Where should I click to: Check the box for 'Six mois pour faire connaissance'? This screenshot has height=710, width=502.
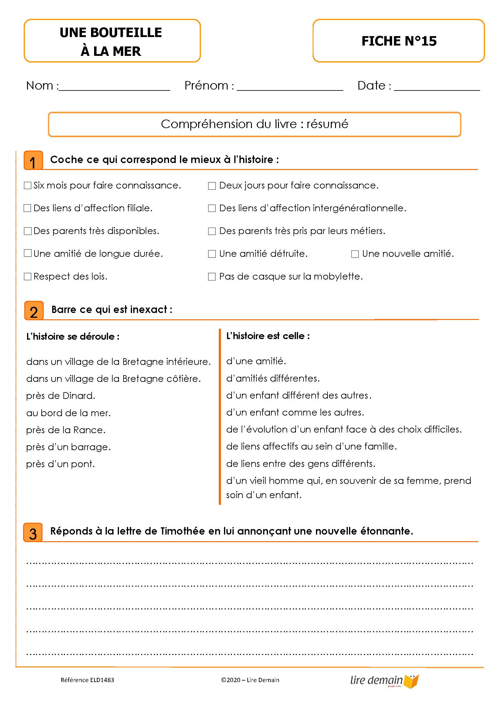[28, 185]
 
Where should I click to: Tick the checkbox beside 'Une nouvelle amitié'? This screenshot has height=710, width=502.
[355, 254]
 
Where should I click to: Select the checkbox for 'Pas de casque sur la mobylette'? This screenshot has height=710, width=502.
[212, 277]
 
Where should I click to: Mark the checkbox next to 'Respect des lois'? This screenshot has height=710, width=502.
[28, 277]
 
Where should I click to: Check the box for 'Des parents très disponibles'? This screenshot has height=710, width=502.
[28, 231]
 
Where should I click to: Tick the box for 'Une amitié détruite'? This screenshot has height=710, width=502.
[212, 254]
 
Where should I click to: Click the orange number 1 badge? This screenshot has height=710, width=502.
[33, 161]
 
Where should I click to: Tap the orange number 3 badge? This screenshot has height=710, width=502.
[33, 532]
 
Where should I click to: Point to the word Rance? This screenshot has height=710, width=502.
[89, 430]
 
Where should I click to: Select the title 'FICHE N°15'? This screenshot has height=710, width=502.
[399, 41]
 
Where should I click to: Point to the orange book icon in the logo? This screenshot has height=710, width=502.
[412, 681]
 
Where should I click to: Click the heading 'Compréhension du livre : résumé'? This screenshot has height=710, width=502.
[254, 124]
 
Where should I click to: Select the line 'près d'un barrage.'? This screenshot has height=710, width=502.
[68, 447]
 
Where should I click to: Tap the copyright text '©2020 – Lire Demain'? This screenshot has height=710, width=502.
[250, 680]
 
